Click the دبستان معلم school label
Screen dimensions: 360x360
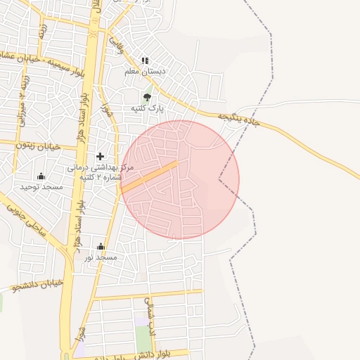pos(144,71)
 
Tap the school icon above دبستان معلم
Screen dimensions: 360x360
pos(145,60)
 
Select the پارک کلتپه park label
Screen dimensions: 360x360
pos(147,109)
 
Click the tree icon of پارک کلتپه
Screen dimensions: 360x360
pos(147,98)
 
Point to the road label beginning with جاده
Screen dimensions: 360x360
pos(239,118)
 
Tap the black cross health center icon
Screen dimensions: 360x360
pos(100,155)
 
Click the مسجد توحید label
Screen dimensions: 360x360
pos(41,187)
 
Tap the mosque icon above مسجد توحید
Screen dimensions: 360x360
pos(41,176)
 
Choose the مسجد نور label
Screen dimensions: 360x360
pos(100,258)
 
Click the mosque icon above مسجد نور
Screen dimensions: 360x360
pos(101,246)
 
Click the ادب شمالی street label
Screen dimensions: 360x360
pos(150,313)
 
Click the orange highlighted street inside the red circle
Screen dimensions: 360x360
pos(151,174)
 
